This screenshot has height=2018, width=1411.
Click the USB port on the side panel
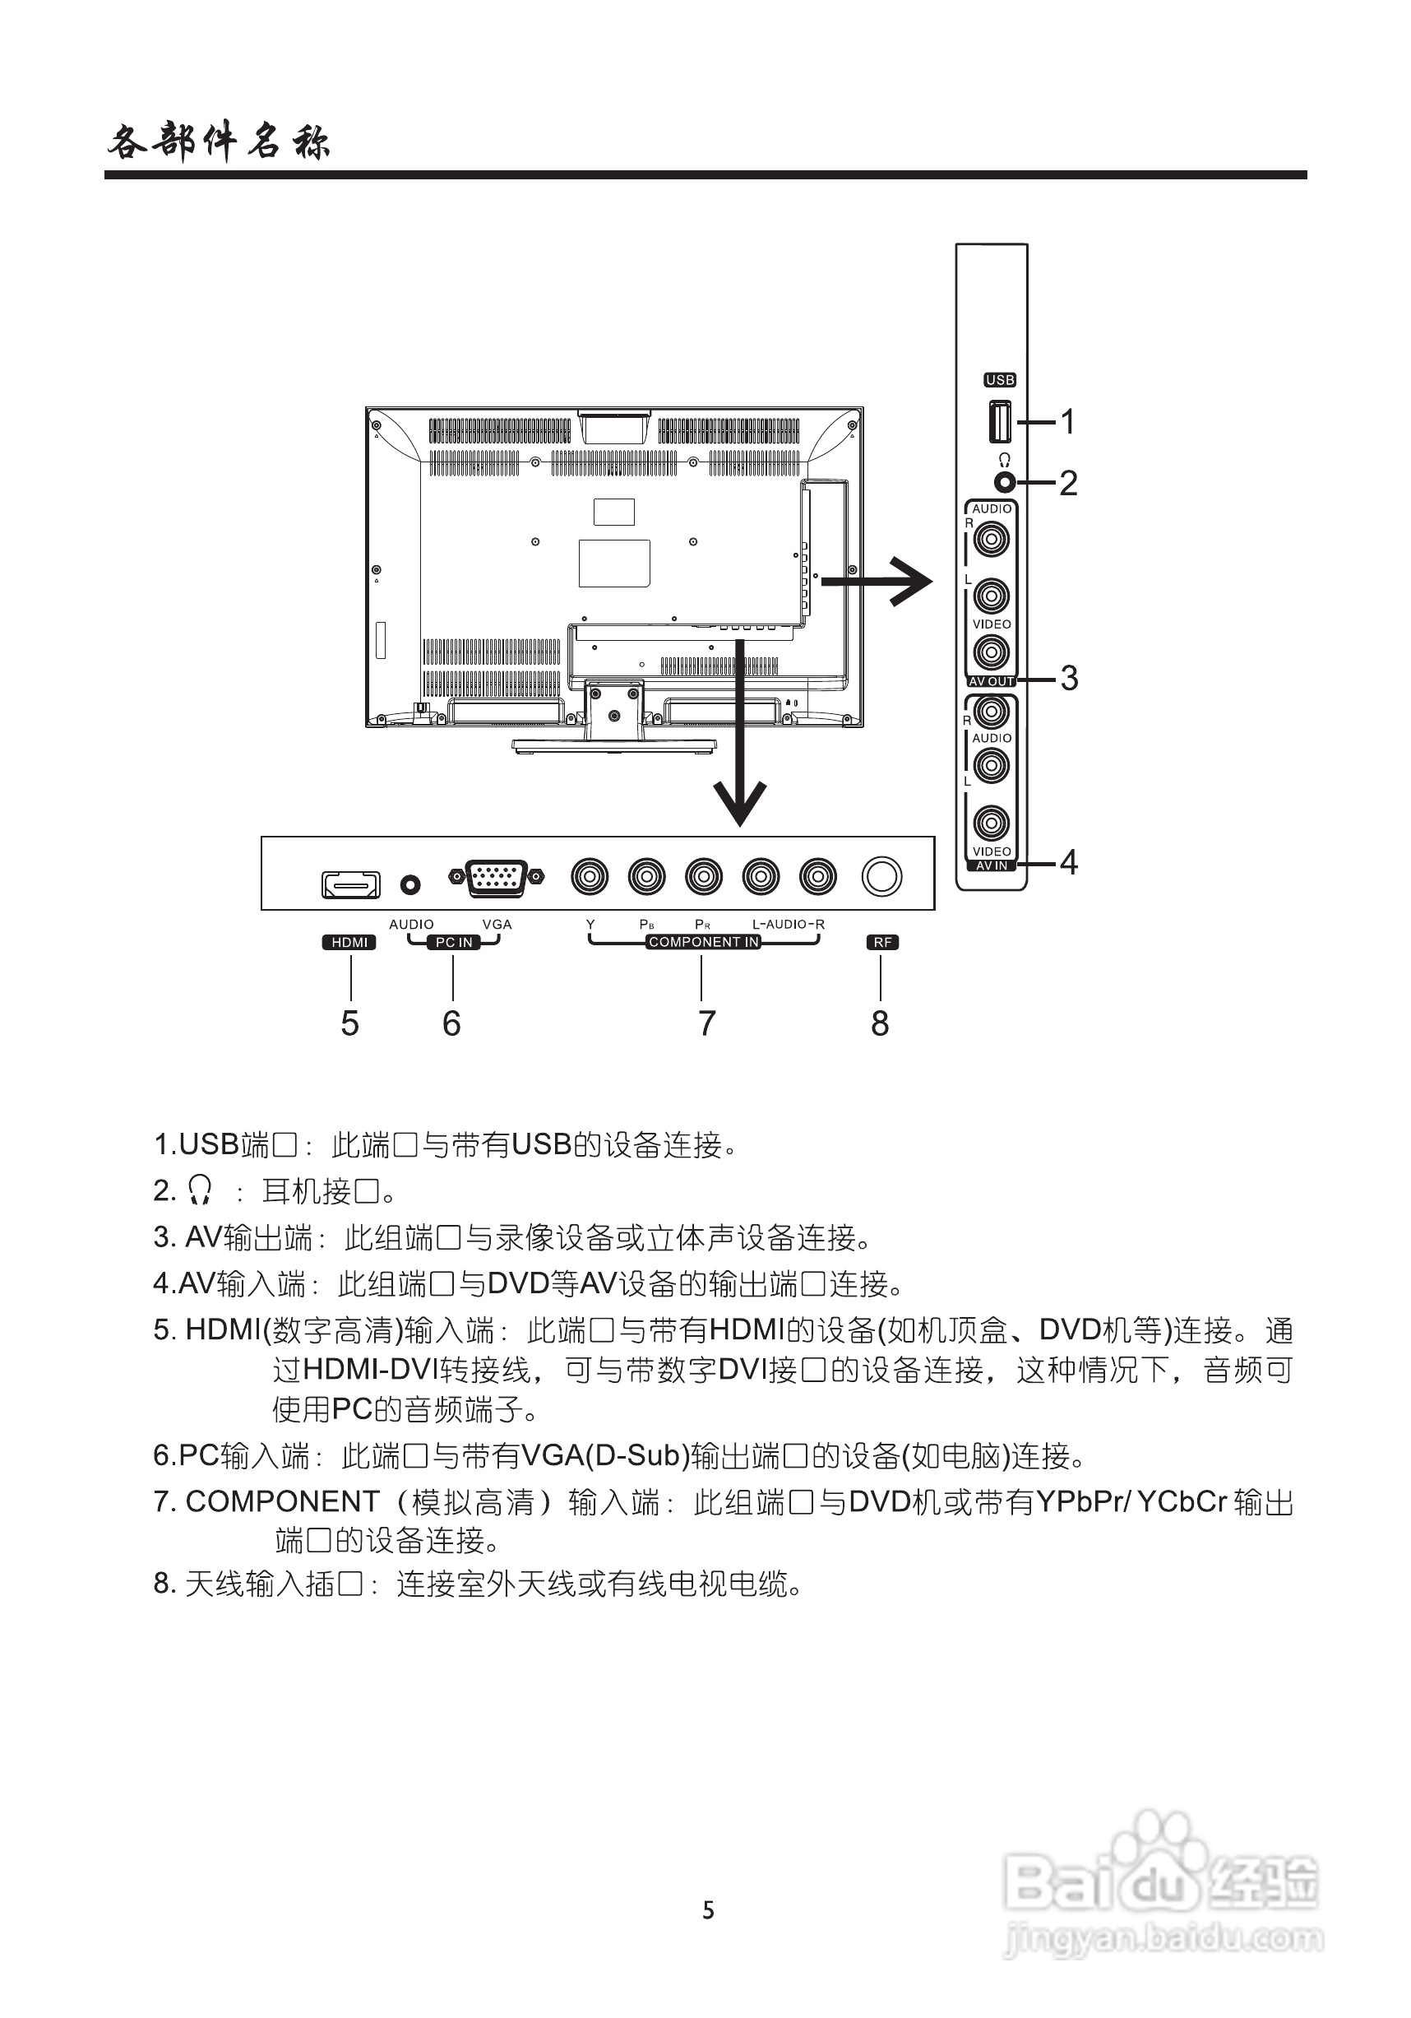[1000, 421]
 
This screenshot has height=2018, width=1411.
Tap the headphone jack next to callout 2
[1004, 483]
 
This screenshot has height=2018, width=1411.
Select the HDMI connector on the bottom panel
[350, 884]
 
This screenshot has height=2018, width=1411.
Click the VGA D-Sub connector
[497, 877]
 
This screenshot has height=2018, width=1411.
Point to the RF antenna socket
[881, 876]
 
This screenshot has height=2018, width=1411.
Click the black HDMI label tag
[349, 942]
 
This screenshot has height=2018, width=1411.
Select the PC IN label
[453, 942]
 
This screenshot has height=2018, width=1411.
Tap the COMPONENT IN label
[703, 942]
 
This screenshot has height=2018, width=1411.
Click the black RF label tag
[882, 942]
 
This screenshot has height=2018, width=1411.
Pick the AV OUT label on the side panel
[991, 681]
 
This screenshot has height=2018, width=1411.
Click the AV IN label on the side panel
[991, 865]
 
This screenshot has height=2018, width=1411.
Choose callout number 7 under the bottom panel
[706, 1023]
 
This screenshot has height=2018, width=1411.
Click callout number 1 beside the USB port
[1067, 422]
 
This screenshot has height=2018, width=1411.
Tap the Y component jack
[590, 876]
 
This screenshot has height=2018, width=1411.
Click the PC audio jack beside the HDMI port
[410, 884]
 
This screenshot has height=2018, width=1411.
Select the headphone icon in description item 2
[201, 1190]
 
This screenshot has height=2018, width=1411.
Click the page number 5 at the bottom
[708, 1910]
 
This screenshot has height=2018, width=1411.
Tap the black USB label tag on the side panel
[1000, 380]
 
